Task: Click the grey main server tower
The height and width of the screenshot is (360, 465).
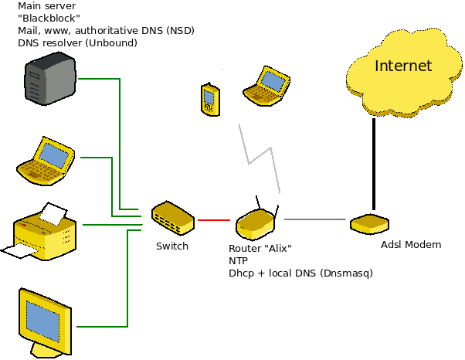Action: coord(49,79)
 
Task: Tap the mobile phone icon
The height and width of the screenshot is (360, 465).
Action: coord(210,100)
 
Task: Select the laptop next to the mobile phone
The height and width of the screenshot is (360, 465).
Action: coord(266,86)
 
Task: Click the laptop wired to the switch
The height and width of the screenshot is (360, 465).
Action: coord(46,161)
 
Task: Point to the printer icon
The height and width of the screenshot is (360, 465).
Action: coord(39,231)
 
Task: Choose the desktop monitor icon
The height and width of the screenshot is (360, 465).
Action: coord(45,322)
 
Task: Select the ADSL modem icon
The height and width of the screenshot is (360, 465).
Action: coord(369,224)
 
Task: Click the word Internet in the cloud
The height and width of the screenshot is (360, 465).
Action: coord(403,66)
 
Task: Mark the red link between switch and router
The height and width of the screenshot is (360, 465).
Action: coord(214,220)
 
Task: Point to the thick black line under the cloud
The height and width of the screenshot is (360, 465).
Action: coord(374,164)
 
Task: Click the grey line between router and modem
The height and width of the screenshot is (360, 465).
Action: coord(315,219)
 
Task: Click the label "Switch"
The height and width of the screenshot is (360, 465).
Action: coord(172,246)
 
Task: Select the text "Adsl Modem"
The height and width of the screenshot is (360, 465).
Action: coord(411,245)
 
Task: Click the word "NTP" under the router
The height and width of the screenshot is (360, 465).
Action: coord(238,260)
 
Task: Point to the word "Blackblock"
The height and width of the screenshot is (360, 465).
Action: coord(49,18)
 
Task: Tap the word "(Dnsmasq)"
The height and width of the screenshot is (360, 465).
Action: coord(346,273)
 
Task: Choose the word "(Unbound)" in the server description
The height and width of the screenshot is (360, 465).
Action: coord(111,43)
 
